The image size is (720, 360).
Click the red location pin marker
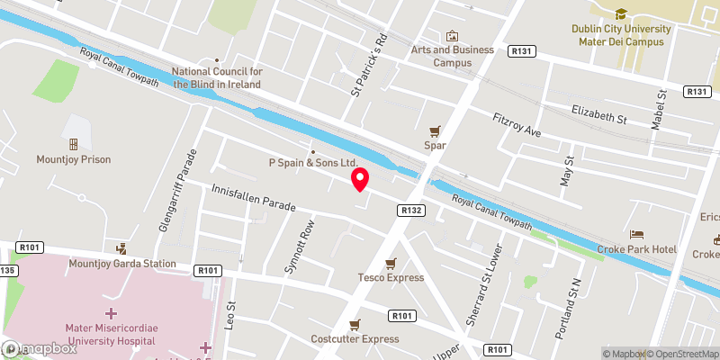click(360, 179)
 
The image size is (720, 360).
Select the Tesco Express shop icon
click(391, 263)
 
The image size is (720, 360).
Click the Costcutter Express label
click(354, 338)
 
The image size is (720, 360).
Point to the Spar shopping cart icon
click(436, 130)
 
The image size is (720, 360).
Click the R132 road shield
click(407, 210)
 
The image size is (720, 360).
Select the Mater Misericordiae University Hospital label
click(112, 329)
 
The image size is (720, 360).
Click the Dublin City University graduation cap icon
click(621, 13)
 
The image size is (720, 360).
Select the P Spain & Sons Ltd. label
click(313, 163)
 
